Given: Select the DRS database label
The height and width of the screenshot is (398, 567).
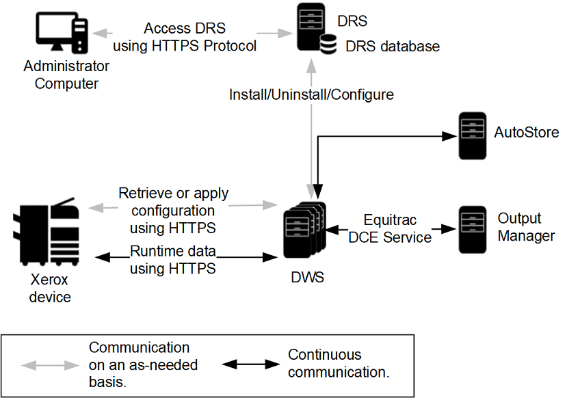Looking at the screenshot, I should (x=392, y=47).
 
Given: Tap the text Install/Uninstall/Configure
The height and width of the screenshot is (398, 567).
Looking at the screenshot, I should (x=311, y=94).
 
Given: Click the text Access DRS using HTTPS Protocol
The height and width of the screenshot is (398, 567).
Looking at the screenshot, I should (x=184, y=38).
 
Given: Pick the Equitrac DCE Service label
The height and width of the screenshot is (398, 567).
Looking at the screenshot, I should (x=390, y=229).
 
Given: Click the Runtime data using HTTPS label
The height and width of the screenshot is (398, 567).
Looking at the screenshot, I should (x=173, y=259).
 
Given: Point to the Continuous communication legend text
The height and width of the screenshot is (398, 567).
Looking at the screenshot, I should (x=339, y=364).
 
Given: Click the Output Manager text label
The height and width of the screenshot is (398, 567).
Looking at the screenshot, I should (x=525, y=227).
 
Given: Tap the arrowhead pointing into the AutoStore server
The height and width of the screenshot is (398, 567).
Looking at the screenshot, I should (x=449, y=136).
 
